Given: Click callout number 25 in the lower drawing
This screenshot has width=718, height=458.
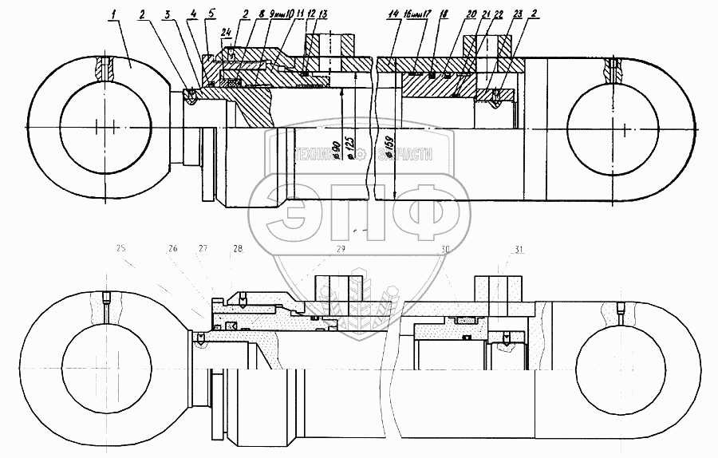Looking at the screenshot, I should (122, 250).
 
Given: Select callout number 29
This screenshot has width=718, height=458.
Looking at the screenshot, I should (341, 250).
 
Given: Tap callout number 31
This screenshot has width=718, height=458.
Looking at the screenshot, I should (521, 250).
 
